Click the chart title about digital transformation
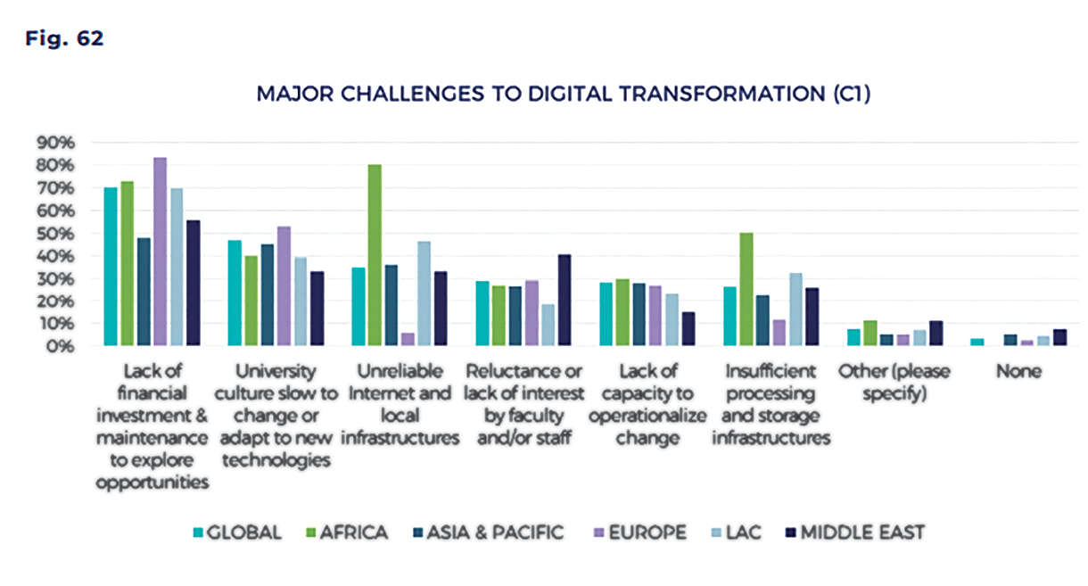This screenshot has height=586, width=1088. (563, 94)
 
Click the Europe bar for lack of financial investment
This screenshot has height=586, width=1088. (160, 252)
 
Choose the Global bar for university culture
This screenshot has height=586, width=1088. (235, 293)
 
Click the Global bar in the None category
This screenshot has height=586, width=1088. (977, 342)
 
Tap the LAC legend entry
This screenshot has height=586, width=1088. (743, 532)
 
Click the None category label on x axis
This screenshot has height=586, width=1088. (1018, 371)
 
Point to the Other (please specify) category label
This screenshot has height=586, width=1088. (894, 382)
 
